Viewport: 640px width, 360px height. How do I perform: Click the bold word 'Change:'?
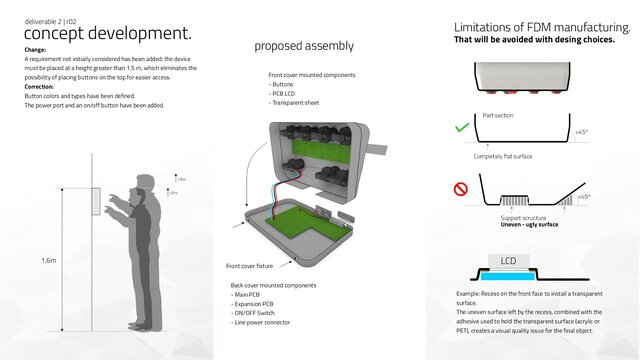point(35,49)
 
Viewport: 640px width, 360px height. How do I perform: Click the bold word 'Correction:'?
point(39,86)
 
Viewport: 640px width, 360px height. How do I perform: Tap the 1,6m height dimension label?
point(49,260)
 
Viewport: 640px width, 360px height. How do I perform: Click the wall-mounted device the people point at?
point(98,201)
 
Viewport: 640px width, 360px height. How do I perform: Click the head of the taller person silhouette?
point(146,184)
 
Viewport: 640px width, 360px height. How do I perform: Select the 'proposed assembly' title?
point(303,46)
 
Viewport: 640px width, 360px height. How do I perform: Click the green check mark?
point(462,128)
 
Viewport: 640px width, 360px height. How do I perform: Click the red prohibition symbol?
point(462,187)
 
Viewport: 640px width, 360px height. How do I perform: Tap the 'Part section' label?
point(498,116)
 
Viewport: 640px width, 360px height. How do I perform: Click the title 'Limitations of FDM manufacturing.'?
point(541,27)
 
